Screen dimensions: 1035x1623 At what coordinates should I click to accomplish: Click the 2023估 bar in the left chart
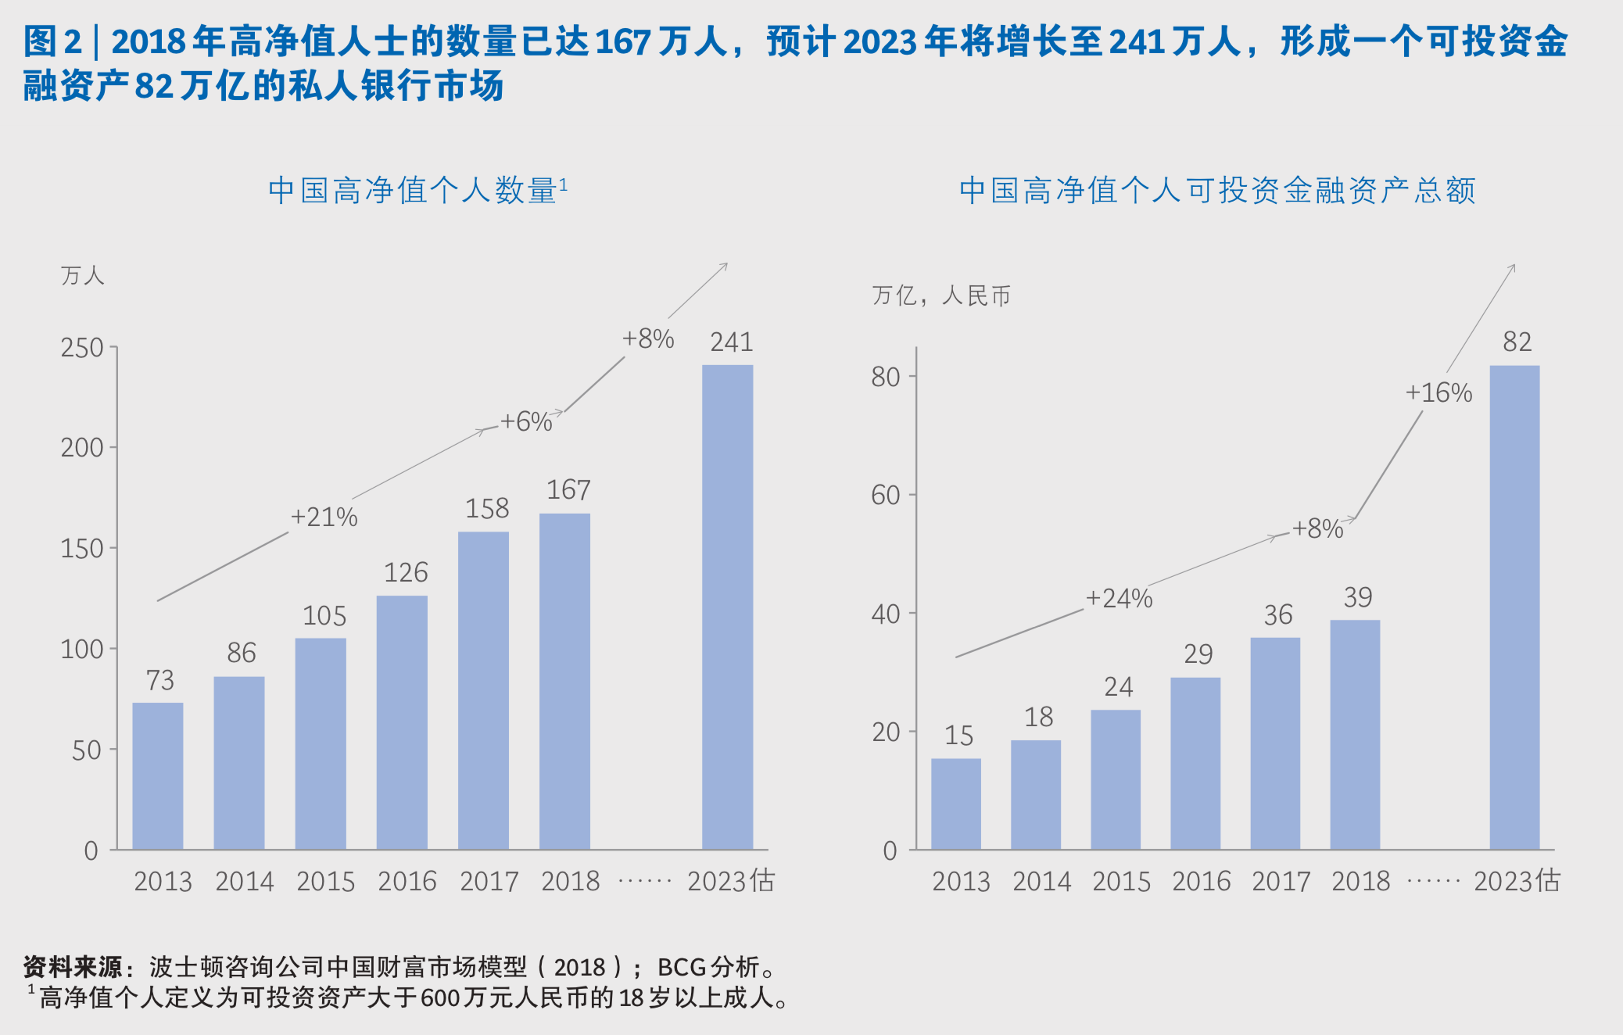tap(727, 607)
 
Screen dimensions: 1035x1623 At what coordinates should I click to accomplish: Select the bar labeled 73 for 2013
tap(158, 775)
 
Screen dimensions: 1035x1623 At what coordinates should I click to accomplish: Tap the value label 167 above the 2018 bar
tap(568, 490)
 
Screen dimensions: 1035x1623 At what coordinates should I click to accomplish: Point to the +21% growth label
tap(324, 517)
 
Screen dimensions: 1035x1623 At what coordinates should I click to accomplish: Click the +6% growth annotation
tap(526, 422)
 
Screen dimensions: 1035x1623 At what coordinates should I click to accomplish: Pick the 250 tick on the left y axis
tap(82, 348)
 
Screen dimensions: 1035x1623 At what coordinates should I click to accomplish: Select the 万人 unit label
tap(82, 275)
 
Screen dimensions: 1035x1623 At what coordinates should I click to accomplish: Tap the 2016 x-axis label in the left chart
tap(407, 882)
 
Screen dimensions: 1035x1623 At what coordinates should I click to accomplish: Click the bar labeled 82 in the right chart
tap(1514, 607)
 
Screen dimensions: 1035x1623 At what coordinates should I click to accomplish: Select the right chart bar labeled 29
tap(1195, 763)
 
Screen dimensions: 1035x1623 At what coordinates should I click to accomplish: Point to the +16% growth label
tap(1438, 392)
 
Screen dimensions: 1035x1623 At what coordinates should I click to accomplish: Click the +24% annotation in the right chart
tap(1119, 599)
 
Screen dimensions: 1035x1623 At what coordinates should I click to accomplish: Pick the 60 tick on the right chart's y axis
tap(886, 495)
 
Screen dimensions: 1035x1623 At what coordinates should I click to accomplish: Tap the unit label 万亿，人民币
tap(941, 295)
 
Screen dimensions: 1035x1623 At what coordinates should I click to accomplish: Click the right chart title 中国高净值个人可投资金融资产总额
tap(1217, 190)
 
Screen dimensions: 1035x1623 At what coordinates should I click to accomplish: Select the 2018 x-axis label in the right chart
tap(1360, 882)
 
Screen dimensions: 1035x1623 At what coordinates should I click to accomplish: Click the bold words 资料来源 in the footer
tap(73, 967)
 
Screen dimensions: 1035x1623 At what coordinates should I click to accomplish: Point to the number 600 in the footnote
tap(440, 998)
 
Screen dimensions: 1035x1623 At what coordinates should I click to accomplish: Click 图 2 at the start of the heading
tap(52, 41)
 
